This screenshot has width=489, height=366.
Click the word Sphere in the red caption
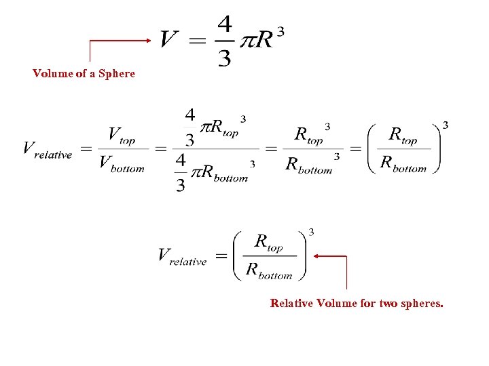pyautogui.click(x=117, y=73)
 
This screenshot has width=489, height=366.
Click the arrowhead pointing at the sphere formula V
pyautogui.click(x=148, y=40)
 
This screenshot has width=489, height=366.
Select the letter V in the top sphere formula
pyautogui.click(x=169, y=39)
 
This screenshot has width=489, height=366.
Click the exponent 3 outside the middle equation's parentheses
pyautogui.click(x=445, y=125)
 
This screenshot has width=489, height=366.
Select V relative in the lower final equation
pyautogui.click(x=181, y=256)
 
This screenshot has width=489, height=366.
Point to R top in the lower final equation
pyautogui.click(x=268, y=242)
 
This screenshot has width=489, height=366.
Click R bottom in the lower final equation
pyautogui.click(x=269, y=271)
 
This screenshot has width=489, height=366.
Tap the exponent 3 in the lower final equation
pyautogui.click(x=311, y=232)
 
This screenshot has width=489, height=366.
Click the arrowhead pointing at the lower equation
pyautogui.click(x=318, y=256)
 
